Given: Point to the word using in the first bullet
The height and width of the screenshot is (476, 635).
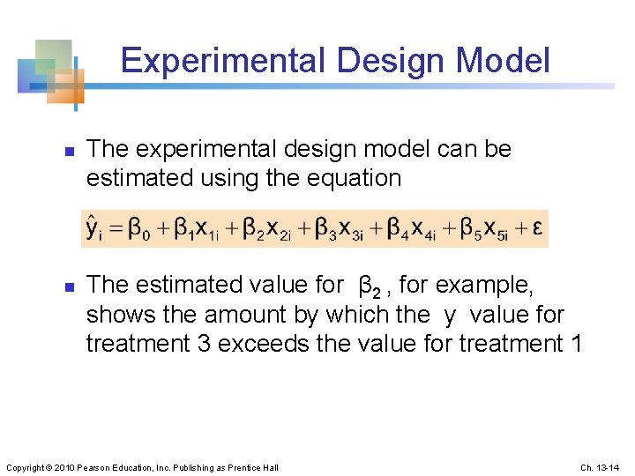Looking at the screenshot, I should point(216,177).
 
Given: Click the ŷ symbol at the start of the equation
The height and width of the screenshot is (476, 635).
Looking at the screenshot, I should point(93,228).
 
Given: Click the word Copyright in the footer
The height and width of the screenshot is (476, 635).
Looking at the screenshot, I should point(29,467).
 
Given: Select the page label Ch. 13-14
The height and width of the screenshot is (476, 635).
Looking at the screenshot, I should point(602,467).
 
